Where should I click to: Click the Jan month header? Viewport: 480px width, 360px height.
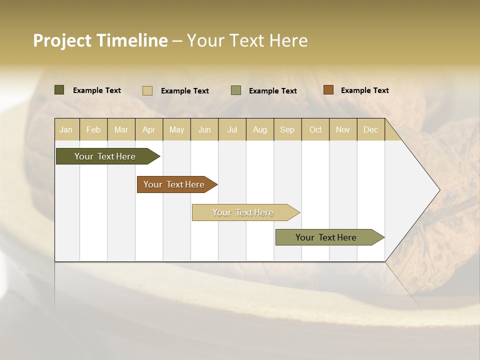(66, 129)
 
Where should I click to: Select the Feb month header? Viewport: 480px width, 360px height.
(93, 129)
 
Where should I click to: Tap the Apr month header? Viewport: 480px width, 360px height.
(149, 129)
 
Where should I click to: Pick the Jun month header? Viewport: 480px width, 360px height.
(204, 129)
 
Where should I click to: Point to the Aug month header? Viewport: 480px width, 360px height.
(260, 129)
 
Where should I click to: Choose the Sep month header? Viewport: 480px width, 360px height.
(287, 129)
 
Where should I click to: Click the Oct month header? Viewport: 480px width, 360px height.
(315, 129)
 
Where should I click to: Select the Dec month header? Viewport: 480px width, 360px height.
(371, 129)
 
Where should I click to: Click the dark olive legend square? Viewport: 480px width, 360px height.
(59, 90)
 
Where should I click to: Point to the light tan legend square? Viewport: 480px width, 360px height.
(147, 90)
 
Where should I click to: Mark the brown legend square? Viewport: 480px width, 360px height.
(328, 90)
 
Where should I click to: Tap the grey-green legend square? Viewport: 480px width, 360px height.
(236, 90)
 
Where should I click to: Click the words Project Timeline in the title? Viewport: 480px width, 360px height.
(100, 40)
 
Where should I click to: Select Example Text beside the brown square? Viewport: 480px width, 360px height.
(364, 90)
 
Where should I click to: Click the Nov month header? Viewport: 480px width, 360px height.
(343, 129)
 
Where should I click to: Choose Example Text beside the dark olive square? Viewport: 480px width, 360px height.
(97, 90)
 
